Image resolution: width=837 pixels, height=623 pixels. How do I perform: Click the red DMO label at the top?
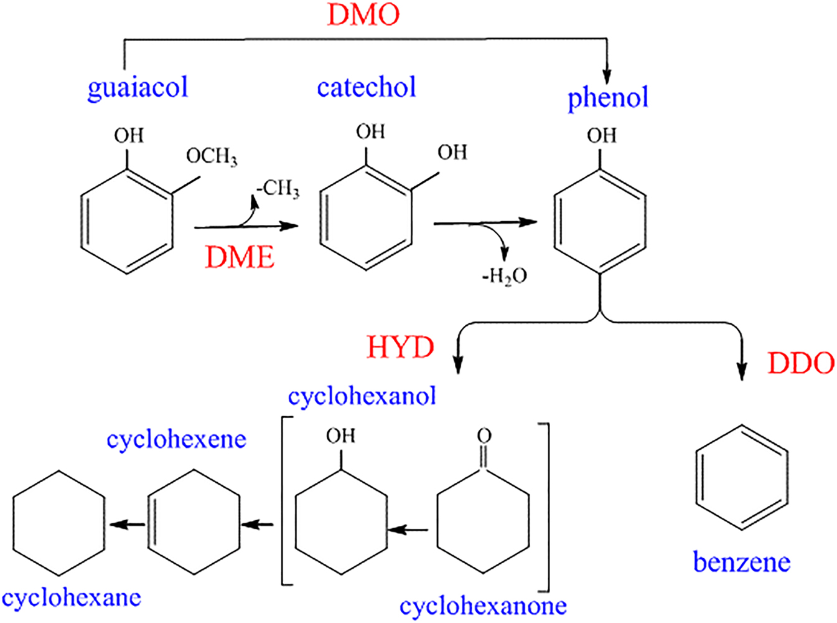pos(363,15)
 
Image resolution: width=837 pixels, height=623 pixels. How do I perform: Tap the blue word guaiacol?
pos(138,87)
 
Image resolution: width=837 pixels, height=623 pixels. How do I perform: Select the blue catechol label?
pos(367,87)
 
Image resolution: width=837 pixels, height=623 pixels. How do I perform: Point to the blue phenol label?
pos(608,98)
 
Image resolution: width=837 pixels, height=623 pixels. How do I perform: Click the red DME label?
pos(240,257)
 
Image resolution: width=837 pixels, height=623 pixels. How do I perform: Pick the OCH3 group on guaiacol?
pos(212,156)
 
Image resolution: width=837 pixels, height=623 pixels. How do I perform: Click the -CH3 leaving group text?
pos(278,188)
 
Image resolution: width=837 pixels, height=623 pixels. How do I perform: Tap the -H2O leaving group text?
pos(504,275)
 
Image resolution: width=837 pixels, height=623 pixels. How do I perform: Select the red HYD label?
pos(400,347)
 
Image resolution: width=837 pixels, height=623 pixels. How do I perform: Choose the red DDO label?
pos(801,363)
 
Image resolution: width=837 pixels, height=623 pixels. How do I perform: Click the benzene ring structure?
pos(741,478)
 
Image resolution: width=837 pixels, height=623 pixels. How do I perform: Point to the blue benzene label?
pos(741,563)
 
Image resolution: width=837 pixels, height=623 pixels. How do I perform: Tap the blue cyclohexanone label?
pos(483,606)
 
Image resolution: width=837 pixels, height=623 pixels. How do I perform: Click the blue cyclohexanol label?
pos(362,396)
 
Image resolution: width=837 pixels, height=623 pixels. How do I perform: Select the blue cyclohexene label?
pos(177,439)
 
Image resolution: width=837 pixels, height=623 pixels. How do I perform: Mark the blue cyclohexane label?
pos(72,598)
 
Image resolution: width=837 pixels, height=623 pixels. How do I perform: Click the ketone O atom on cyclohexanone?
pos(484,435)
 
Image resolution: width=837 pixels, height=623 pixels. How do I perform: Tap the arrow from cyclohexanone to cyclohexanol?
pos(408,530)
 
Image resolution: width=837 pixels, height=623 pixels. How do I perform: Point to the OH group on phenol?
pos(601,136)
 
